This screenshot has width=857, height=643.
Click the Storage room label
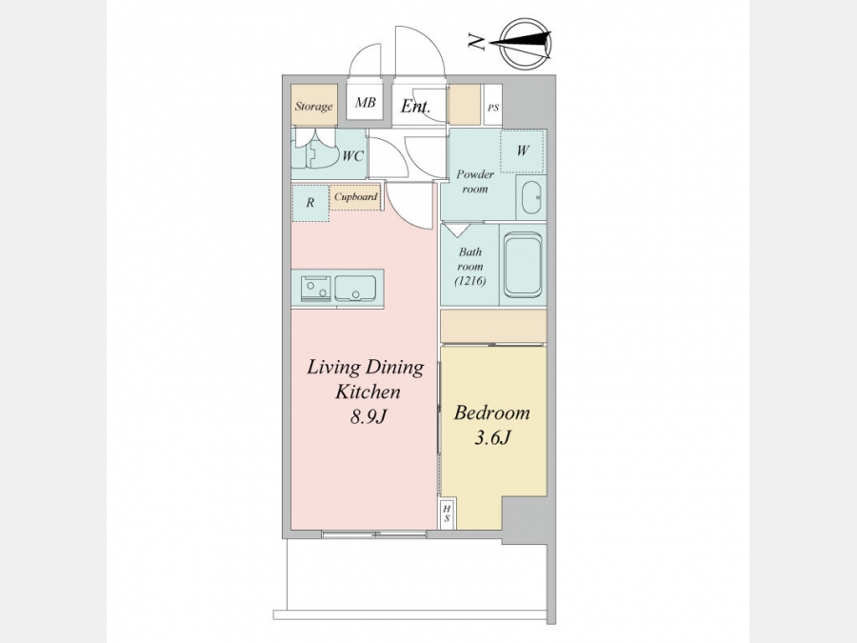pos(313,106)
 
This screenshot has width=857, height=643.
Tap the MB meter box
pos(365,102)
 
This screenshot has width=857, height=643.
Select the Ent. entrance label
pos(415,106)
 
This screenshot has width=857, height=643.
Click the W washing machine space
pos(523,151)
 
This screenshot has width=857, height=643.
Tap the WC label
pos(352,156)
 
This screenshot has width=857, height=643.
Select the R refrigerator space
pos(310,203)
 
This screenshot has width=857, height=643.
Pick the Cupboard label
pos(355,197)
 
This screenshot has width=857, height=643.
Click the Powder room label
pos(475,182)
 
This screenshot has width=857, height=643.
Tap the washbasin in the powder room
pos(531,197)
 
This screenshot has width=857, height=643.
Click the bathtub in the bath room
pos(523,265)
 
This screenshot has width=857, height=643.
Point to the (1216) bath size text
pos(470,281)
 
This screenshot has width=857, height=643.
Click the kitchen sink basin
pos(355,288)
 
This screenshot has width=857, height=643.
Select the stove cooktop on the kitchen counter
pos(315,288)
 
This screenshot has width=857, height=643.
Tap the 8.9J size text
pos(369,417)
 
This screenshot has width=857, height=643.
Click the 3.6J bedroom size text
pos(492,437)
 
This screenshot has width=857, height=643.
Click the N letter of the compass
pos(477,42)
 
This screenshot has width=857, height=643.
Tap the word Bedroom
pos(492,412)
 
